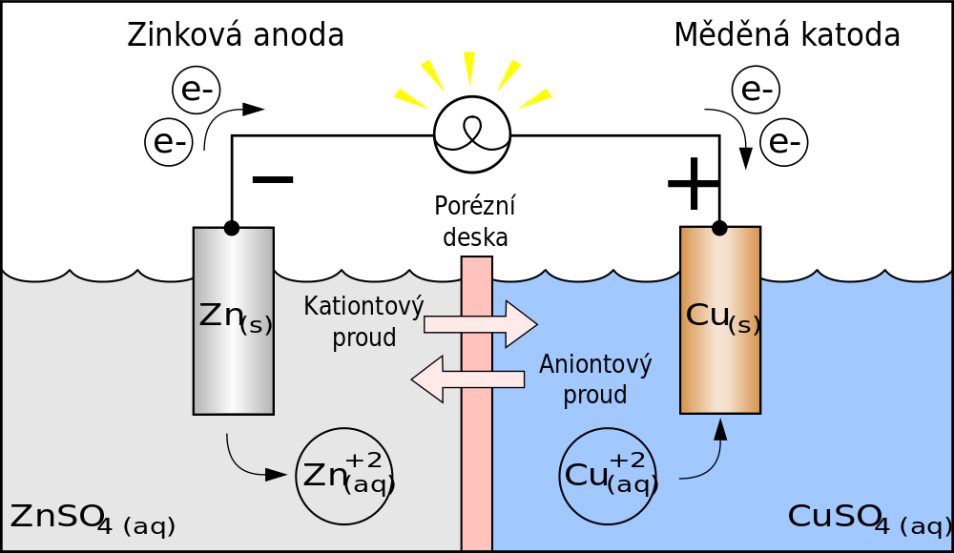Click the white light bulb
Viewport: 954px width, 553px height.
coord(472,134)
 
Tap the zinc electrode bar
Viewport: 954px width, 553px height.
coord(234,372)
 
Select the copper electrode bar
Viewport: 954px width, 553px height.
coord(720,372)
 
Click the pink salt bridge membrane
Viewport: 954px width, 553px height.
coord(477,458)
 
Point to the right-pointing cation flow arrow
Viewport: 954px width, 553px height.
coord(481,324)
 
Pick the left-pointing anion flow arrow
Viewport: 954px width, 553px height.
coord(467,379)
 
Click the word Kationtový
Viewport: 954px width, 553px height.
coord(363,307)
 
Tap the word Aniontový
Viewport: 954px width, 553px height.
coord(595,365)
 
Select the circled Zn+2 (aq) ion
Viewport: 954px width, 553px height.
coord(344,476)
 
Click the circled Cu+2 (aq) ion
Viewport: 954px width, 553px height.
coord(608,476)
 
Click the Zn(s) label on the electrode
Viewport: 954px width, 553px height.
coord(235,317)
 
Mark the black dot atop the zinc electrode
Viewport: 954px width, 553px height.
coord(232,229)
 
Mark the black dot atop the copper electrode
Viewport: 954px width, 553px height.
coord(719,229)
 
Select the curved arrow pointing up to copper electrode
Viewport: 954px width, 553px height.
coord(710,458)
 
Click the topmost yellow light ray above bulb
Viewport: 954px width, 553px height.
coord(468,67)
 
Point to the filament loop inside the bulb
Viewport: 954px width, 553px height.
coord(472,131)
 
